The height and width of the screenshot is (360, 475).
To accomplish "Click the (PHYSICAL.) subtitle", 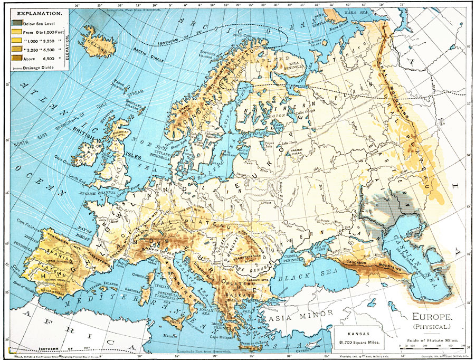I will [431, 328].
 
